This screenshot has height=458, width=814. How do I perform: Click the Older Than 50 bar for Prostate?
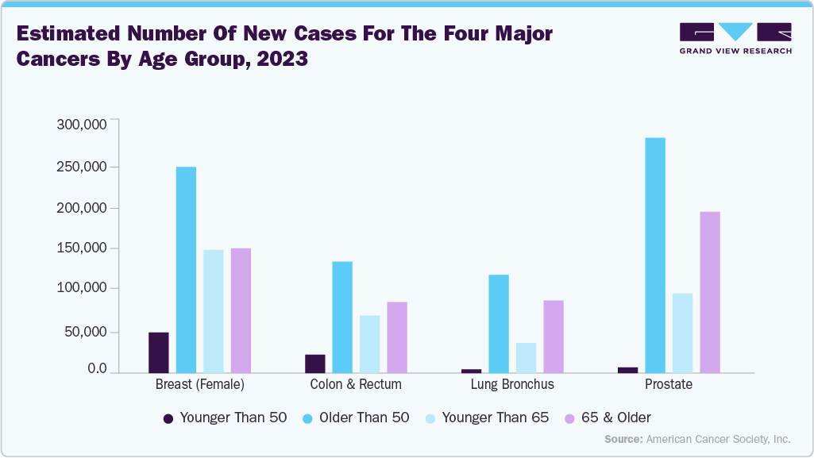pos(655,255)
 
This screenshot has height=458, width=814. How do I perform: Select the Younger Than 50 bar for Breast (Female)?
pos(159,352)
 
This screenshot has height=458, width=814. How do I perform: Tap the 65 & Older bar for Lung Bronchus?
pos(554,337)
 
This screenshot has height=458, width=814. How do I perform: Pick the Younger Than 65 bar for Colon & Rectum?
pos(370,344)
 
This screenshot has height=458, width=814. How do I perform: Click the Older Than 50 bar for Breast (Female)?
pos(186,269)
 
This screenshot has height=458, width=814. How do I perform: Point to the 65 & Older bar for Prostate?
pos(710,292)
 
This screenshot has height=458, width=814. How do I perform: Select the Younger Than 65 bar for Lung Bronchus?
pos(526,358)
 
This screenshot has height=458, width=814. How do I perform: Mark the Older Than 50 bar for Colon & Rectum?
pos(342,317)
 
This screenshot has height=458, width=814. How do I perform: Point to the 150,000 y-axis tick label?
pos(82,248)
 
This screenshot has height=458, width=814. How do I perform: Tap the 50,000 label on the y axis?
pos(85,332)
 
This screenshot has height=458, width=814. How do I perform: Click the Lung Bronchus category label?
pos(512,384)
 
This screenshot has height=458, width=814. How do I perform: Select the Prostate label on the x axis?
pos(669,384)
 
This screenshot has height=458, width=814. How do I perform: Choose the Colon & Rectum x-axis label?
pos(356,384)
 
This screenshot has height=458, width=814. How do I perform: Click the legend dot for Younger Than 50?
pos(168,418)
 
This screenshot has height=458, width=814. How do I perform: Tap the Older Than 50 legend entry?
pos(364,418)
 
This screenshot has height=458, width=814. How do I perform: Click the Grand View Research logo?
pos(735,38)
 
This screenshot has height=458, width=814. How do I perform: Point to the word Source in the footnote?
pos(623,439)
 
